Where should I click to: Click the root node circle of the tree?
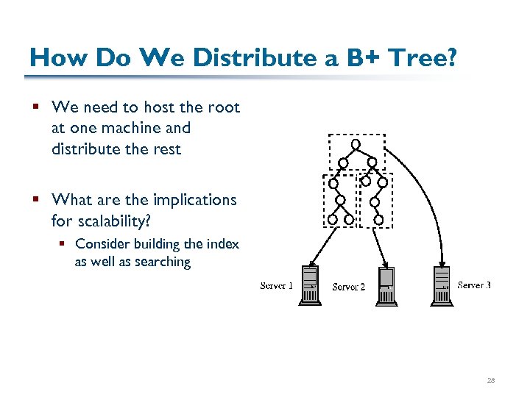click(x=356, y=144)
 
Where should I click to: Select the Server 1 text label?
click(x=277, y=286)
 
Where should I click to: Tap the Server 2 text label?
click(x=349, y=287)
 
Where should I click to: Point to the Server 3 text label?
click(x=474, y=285)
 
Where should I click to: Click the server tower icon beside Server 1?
click(x=310, y=286)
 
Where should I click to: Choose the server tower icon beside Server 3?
click(x=442, y=285)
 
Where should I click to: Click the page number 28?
click(x=491, y=381)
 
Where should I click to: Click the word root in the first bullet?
click(x=224, y=107)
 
